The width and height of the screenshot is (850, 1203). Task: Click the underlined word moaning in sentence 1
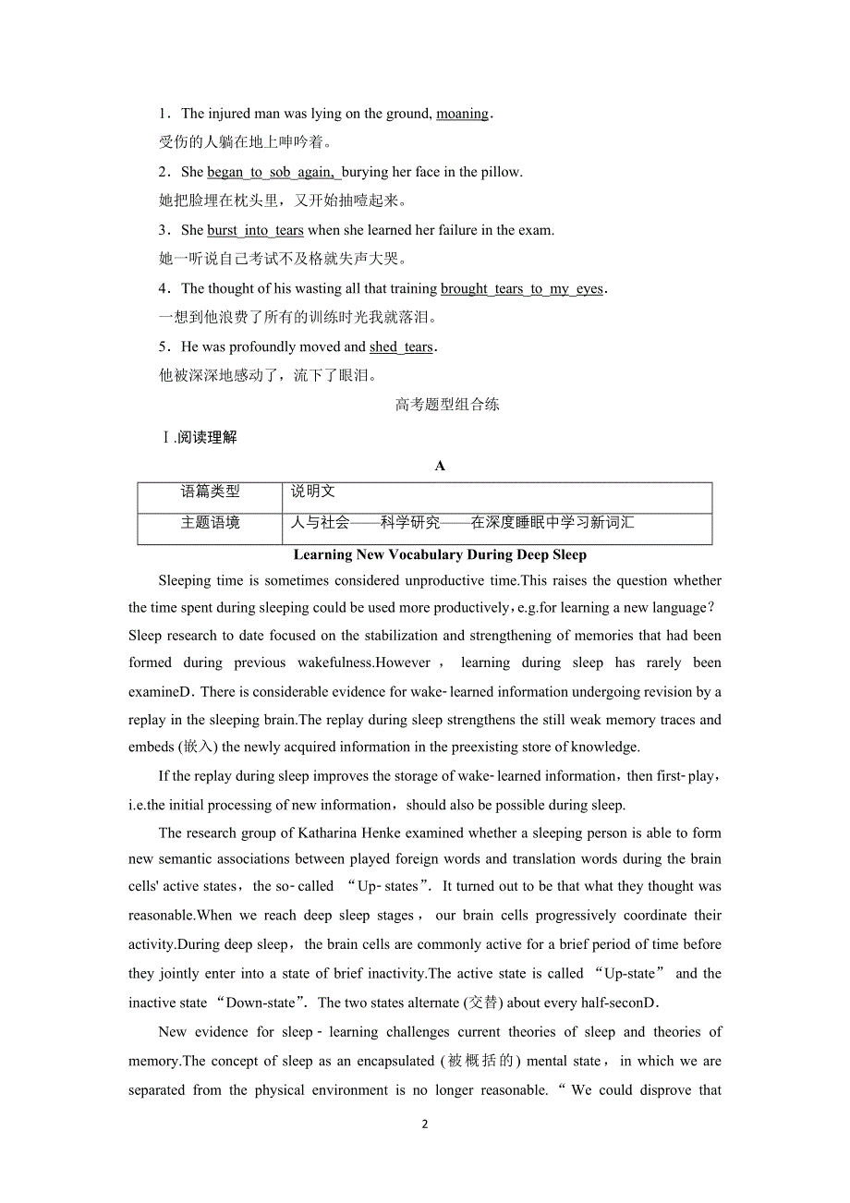click(x=462, y=114)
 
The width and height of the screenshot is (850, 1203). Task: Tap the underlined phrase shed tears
click(x=401, y=346)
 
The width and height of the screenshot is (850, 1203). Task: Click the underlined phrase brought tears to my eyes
click(x=522, y=288)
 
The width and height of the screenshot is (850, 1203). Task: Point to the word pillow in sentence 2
click(x=500, y=172)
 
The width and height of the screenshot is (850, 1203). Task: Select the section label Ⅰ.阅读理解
click(x=199, y=437)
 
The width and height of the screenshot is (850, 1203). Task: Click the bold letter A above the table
click(x=440, y=466)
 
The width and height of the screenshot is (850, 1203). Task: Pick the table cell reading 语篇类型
click(x=210, y=492)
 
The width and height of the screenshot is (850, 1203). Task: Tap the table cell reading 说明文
click(x=313, y=492)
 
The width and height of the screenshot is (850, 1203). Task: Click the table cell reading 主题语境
click(x=210, y=523)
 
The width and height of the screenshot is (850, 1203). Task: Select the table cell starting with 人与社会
click(x=462, y=523)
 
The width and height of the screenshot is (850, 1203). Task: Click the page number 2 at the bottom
click(x=425, y=1124)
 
